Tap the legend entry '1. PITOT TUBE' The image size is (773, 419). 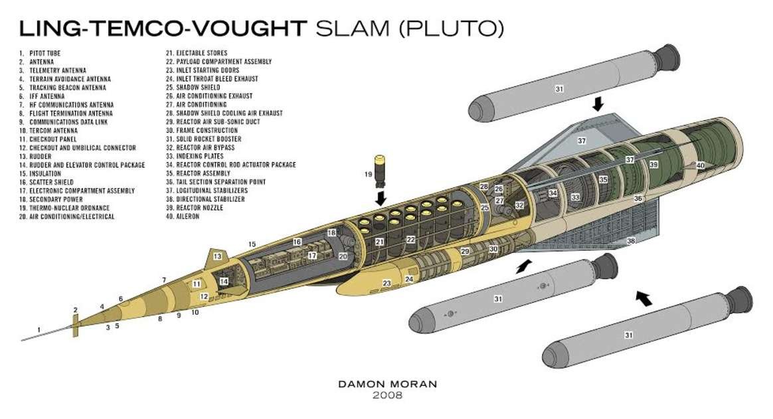click(42, 53)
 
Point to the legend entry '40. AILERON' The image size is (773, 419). click(183, 216)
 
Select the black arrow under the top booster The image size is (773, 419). click(598, 104)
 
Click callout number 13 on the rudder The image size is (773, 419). click(217, 256)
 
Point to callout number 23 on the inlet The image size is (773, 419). click(386, 284)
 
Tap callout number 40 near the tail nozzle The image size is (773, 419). click(700, 165)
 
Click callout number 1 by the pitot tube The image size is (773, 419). click(39, 329)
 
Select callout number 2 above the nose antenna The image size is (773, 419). click(76, 309)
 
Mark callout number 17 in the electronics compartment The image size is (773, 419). click(311, 255)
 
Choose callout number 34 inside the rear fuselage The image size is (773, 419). click(553, 193)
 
